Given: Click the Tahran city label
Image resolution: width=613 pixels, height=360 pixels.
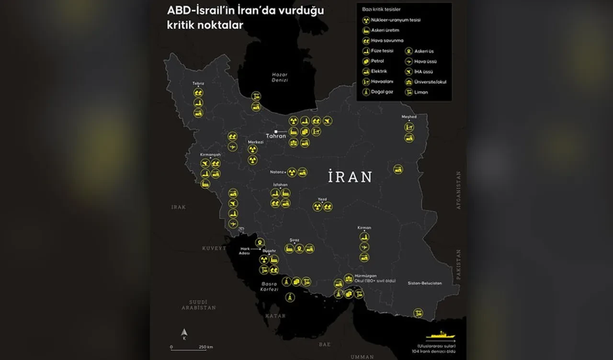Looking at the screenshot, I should pyautogui.click(x=276, y=136).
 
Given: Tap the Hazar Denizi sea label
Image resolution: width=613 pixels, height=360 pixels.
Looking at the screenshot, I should pyautogui.click(x=279, y=78).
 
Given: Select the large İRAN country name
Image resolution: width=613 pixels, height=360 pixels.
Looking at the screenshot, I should pyautogui.click(x=350, y=177).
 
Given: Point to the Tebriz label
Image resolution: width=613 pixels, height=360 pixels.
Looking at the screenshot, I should pyautogui.click(x=198, y=83).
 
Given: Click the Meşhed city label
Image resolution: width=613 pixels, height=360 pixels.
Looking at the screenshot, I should pyautogui.click(x=409, y=117).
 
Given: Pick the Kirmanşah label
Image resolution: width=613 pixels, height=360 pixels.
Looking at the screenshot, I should pyautogui.click(x=210, y=155).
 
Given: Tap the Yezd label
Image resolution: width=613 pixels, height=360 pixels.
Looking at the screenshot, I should pyautogui.click(x=322, y=199).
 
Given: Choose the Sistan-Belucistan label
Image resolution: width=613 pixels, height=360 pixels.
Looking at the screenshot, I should pyautogui.click(x=425, y=283).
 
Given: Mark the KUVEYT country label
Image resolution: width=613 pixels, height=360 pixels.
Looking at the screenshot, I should pyautogui.click(x=213, y=248).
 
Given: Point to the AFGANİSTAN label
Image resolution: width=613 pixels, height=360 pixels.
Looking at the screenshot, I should pyautogui.click(x=458, y=190).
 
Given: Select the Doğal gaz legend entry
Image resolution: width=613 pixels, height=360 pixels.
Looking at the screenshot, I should pyautogui.click(x=382, y=91).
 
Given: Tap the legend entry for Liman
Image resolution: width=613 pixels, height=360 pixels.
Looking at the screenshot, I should pyautogui.click(x=421, y=92).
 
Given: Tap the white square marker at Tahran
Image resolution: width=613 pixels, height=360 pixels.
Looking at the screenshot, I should pyautogui.click(x=276, y=131).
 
